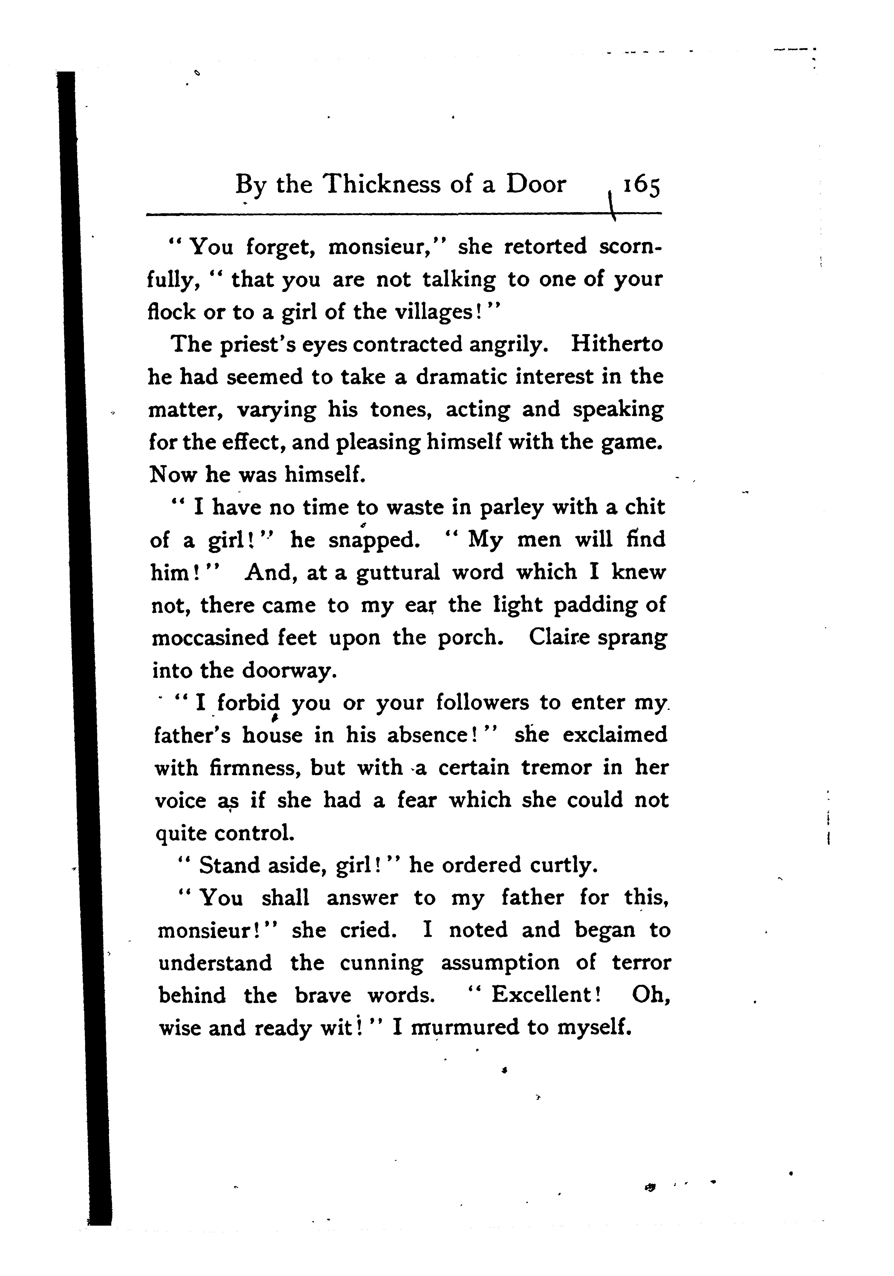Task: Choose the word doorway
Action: [290, 671]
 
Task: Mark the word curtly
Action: [563, 865]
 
